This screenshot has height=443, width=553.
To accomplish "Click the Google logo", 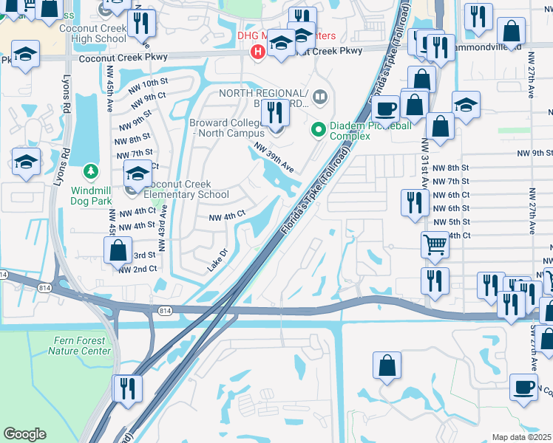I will (x=24, y=434).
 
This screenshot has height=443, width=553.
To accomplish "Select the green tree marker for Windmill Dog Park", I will (x=91, y=172).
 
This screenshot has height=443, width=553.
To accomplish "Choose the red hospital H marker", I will (x=257, y=52).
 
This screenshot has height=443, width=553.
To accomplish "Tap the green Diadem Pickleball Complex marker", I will (x=319, y=129).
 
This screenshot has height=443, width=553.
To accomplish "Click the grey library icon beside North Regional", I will (x=319, y=95).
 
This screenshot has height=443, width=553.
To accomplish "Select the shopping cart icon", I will (x=435, y=244).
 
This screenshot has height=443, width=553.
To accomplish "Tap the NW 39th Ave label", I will (x=274, y=157).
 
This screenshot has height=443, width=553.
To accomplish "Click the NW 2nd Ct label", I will (x=138, y=269).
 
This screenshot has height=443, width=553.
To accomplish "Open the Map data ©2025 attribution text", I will (x=521, y=437).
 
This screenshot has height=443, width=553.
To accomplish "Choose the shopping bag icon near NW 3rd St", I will (x=118, y=251).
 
